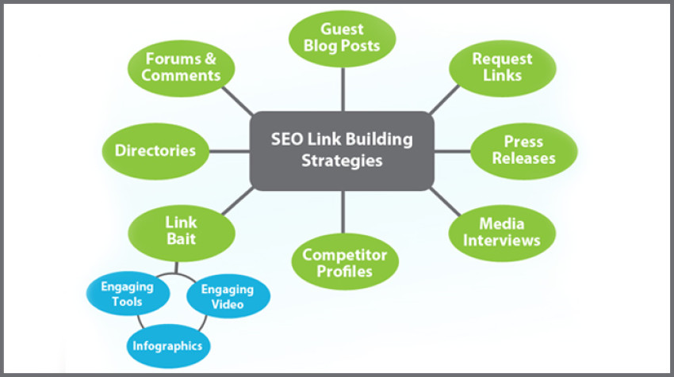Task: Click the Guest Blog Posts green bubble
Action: click(x=343, y=38)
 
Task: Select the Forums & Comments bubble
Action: click(x=183, y=67)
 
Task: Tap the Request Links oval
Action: click(x=502, y=67)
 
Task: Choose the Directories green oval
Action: click(x=155, y=150)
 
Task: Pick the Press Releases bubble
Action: click(x=523, y=150)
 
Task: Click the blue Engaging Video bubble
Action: click(x=228, y=295)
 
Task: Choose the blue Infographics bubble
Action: click(x=167, y=346)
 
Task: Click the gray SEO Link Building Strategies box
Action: click(x=343, y=150)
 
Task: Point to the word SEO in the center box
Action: click(x=286, y=139)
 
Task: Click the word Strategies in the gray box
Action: click(x=343, y=162)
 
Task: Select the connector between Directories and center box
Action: click(x=229, y=150)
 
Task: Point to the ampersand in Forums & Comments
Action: click(x=209, y=59)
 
